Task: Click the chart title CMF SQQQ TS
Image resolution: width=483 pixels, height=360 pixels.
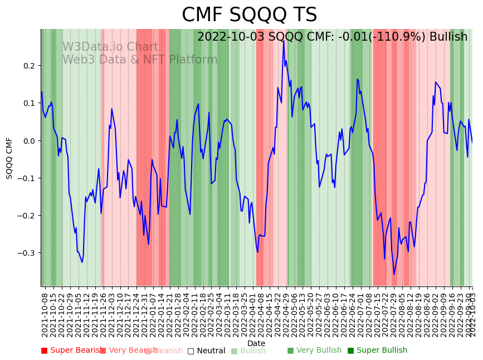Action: pos(249,15)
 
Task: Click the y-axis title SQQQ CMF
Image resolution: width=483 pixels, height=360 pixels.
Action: pos(9,158)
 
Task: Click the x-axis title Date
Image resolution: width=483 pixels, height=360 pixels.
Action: pos(256,344)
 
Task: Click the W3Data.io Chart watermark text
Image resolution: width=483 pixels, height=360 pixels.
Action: pos(110,47)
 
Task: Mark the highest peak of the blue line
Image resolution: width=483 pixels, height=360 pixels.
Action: pos(283,40)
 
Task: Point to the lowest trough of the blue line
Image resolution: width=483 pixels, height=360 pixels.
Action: pos(394,274)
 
